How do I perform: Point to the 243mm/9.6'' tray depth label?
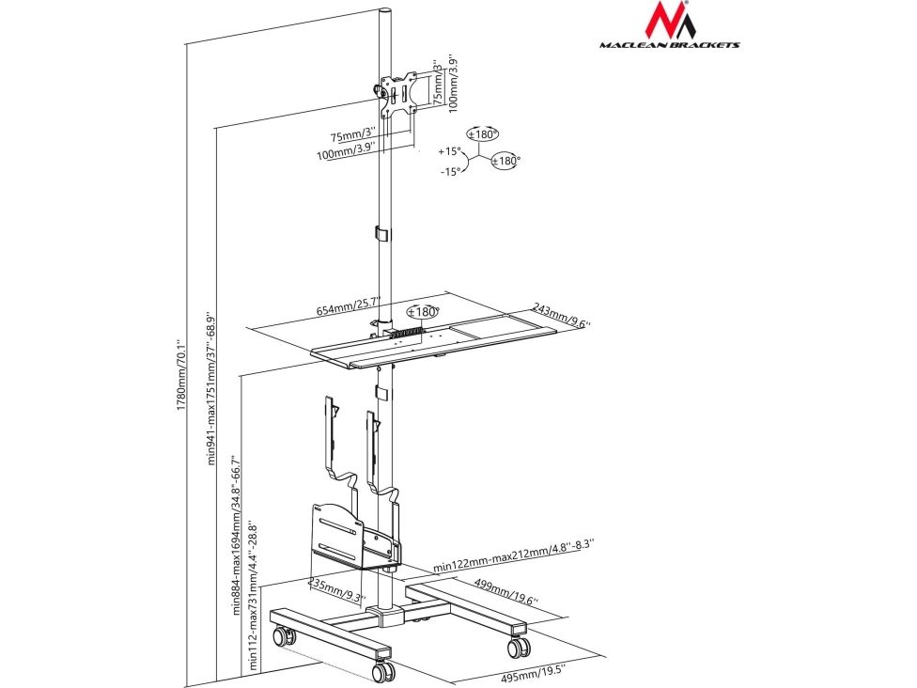click(562, 315)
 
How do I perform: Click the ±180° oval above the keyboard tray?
click(424, 312)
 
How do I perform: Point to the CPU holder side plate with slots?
click(338, 534)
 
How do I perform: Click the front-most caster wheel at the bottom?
click(384, 670)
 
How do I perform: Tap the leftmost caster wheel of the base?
click(281, 636)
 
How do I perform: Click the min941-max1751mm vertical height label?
click(211, 387)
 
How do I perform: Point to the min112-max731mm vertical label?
click(255, 593)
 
